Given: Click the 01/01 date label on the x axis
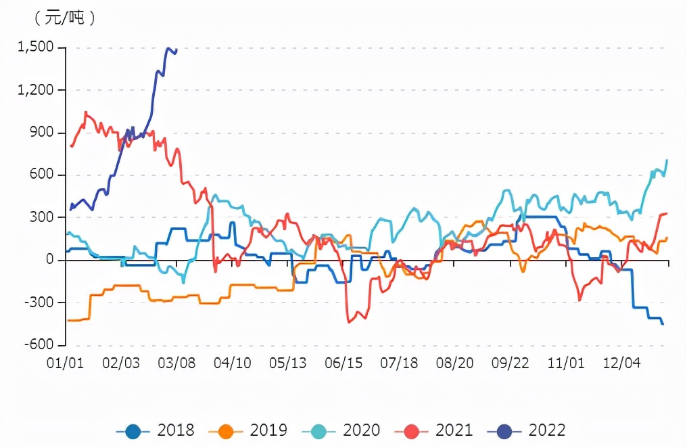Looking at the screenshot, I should pos(65,363).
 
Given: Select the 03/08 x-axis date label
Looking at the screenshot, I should pos(177,363).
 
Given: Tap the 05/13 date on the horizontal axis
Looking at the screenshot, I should pos(288,363).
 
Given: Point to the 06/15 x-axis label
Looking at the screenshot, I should pos(343,363).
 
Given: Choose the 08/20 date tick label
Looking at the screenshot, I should pos(455,363).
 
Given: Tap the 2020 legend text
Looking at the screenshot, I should pos(361,430).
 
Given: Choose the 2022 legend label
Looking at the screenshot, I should pos(546,430).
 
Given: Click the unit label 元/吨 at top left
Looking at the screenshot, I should pos(65,18).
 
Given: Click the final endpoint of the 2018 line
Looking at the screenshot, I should pos(663,324).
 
